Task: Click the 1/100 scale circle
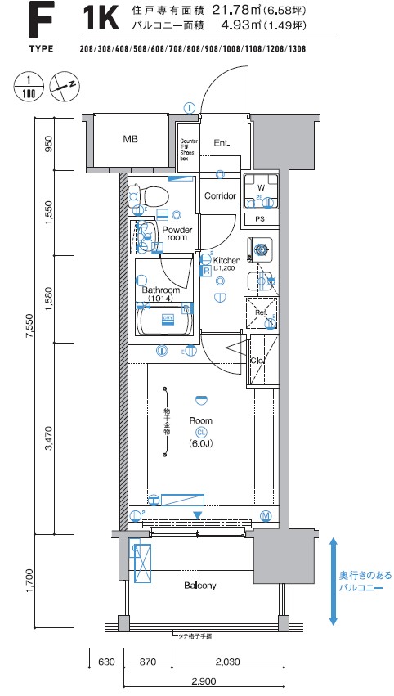[28, 87]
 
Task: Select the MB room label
[131, 140]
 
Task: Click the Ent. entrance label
[222, 143]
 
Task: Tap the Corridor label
[220, 196]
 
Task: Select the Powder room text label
[176, 234]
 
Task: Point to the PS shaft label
[260, 219]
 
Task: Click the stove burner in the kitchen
[262, 249]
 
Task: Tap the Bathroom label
[160, 290]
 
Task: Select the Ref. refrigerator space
[261, 313]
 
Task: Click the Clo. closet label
[257, 360]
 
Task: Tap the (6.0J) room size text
[199, 444]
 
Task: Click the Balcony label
[199, 586]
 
